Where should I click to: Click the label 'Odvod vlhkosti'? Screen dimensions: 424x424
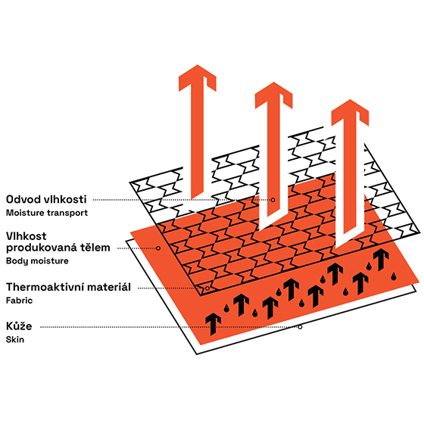point(46,199)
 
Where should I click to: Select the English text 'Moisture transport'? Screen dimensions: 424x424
point(47,213)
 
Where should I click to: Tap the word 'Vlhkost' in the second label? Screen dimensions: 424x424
point(26,236)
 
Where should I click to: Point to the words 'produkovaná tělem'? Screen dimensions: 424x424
point(58,248)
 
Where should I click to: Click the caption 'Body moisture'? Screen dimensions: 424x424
point(37,261)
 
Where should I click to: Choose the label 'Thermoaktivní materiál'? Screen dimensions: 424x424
point(68,287)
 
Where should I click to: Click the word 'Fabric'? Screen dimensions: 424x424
point(19,301)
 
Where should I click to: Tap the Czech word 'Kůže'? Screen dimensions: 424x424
point(19,326)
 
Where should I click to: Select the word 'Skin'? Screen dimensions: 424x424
point(15,340)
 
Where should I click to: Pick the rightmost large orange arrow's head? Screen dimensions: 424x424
point(350,112)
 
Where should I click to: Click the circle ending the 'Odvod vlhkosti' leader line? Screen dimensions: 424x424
point(273,200)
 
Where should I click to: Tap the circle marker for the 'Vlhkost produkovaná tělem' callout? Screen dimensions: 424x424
point(158,248)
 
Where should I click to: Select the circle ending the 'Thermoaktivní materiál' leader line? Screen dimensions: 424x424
point(207,288)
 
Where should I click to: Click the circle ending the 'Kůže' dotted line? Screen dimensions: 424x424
point(300,327)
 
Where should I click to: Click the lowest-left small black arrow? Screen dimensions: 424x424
point(214,324)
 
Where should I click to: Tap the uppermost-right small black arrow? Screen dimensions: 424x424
point(381,260)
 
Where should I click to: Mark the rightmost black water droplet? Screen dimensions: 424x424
point(394,276)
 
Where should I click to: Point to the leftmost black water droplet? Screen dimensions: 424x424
point(226,308)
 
